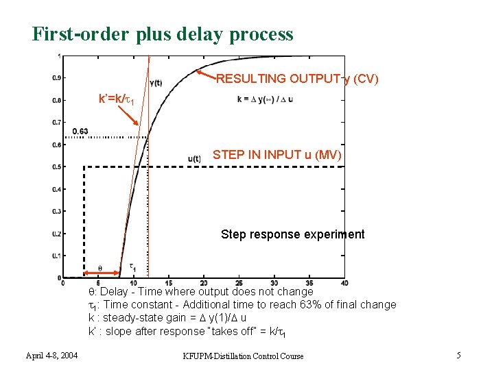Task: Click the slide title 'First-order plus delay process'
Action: [163, 34]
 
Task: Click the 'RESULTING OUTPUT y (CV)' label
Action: [297, 79]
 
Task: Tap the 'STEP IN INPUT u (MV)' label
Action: [277, 155]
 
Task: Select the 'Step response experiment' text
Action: [292, 234]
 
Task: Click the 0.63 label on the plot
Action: [80, 131]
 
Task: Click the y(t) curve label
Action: [156, 84]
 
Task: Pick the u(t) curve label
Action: [193, 159]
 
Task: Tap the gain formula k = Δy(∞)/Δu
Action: [265, 99]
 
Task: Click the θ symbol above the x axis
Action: [99, 268]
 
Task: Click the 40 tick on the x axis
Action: [344, 284]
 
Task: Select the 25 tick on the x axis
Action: [239, 284]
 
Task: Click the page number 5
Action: [458, 355]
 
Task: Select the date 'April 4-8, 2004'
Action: [52, 355]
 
